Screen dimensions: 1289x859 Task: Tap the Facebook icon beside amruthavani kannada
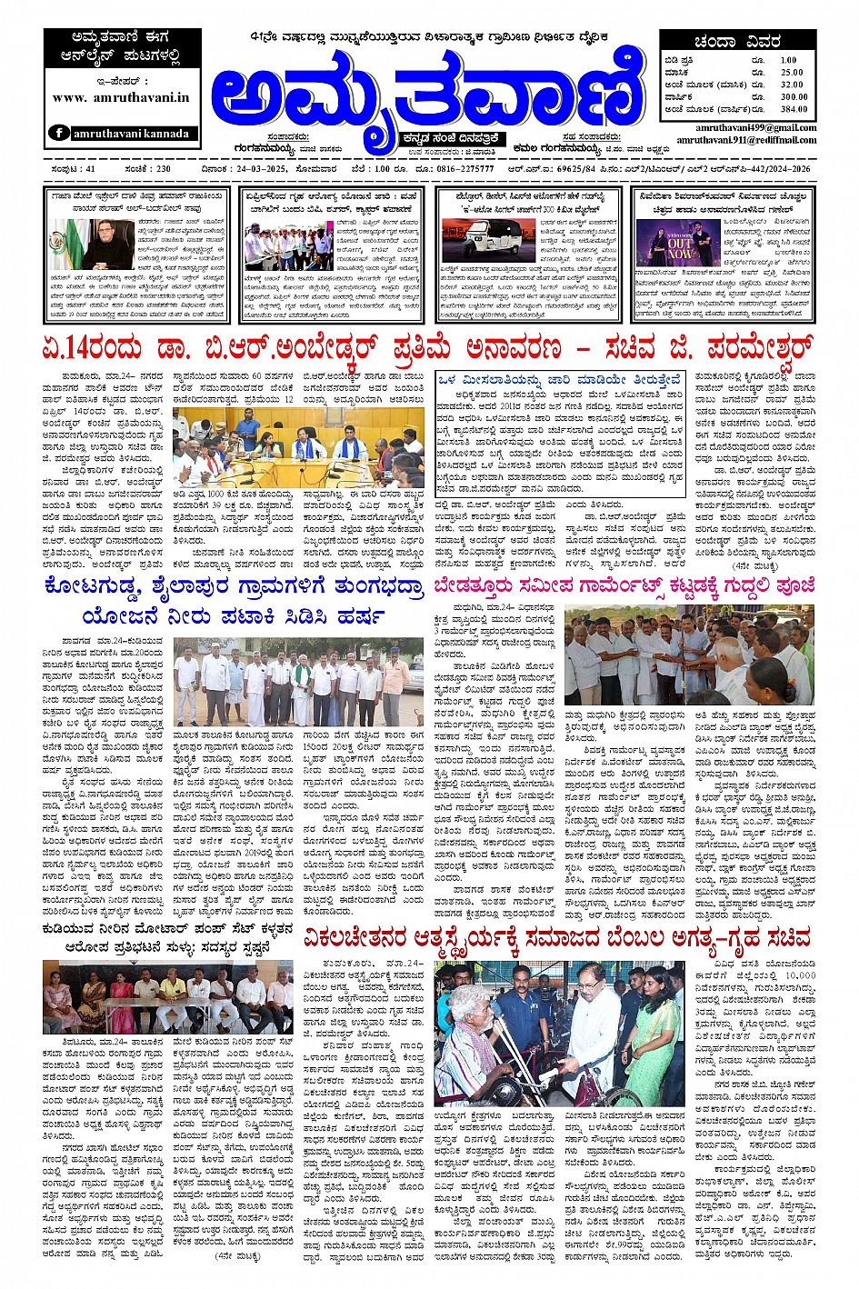(x=59, y=133)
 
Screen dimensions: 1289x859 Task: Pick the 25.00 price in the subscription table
(x=792, y=73)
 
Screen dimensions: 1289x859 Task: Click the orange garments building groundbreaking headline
(x=624, y=586)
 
